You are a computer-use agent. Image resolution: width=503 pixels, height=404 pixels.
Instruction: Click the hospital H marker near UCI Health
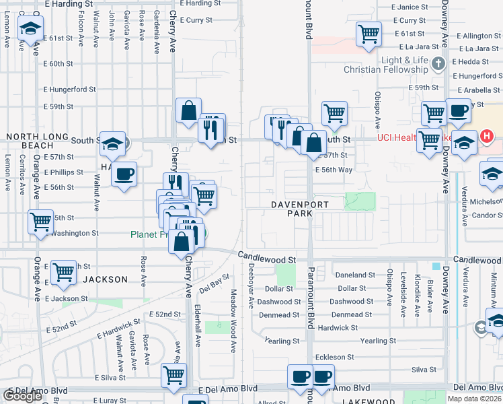coord(487,136)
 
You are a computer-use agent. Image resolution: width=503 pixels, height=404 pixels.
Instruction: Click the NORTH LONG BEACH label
coord(38,141)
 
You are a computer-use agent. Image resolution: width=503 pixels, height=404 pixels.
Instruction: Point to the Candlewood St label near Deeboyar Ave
coord(267,259)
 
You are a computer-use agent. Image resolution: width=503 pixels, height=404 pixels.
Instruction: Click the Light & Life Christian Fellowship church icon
coord(438,65)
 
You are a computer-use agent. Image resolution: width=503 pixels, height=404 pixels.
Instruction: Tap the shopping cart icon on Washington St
coord(41,220)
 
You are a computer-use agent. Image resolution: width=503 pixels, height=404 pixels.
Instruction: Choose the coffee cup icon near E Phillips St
coord(124,174)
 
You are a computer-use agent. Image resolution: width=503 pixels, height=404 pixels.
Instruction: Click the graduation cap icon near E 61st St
coord(30,28)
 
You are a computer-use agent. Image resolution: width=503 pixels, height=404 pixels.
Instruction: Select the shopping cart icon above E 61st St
coord(369,33)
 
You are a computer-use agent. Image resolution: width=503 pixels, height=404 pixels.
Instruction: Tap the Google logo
coord(23,395)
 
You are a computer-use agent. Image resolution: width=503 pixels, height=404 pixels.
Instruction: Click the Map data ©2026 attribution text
coord(474,399)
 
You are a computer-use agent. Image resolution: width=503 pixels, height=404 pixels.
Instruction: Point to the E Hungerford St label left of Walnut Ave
coord(69,89)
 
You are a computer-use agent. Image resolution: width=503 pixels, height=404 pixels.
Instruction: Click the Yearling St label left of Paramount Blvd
coord(282,341)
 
